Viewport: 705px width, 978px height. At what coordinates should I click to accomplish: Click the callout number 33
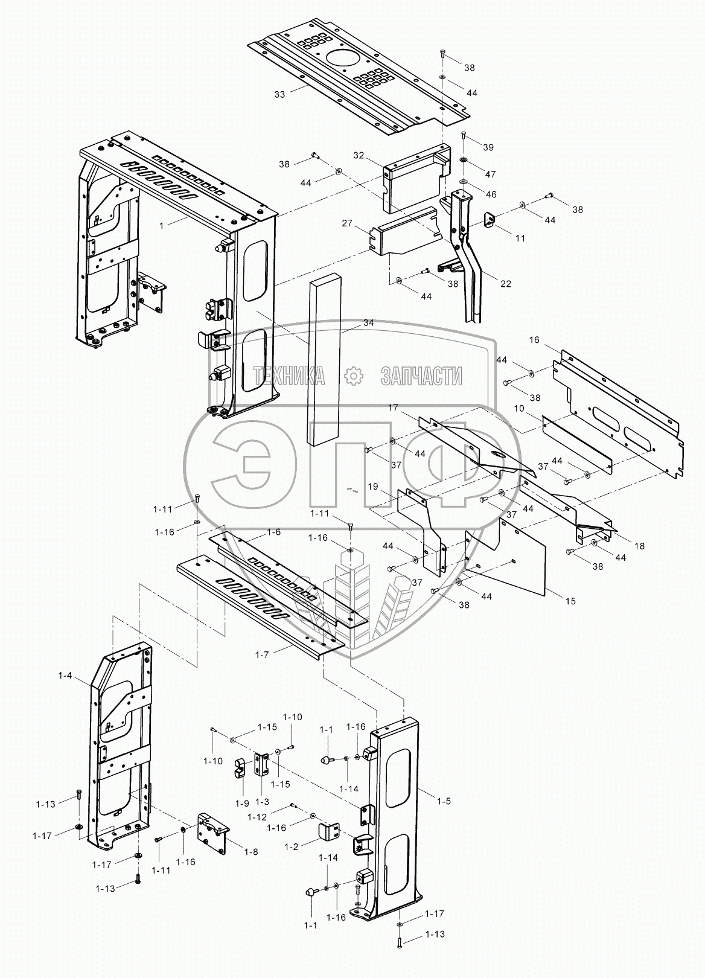pyautogui.click(x=279, y=95)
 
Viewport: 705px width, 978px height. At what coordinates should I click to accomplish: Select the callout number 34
pyautogui.click(x=368, y=323)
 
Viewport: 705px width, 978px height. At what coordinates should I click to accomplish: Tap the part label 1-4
pyautogui.click(x=65, y=676)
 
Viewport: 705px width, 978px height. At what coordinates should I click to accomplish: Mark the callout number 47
pyautogui.click(x=490, y=174)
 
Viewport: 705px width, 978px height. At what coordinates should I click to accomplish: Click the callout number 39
pyautogui.click(x=488, y=147)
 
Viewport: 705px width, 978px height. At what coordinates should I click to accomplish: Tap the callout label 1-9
pyautogui.click(x=242, y=804)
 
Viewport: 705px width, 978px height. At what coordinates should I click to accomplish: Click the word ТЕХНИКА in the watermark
pyautogui.click(x=290, y=376)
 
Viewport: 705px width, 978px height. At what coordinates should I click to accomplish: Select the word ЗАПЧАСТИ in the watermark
pyautogui.click(x=421, y=376)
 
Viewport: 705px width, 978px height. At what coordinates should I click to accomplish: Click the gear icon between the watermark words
pyautogui.click(x=354, y=376)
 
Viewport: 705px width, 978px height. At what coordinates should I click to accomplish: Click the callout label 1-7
pyautogui.click(x=263, y=654)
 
